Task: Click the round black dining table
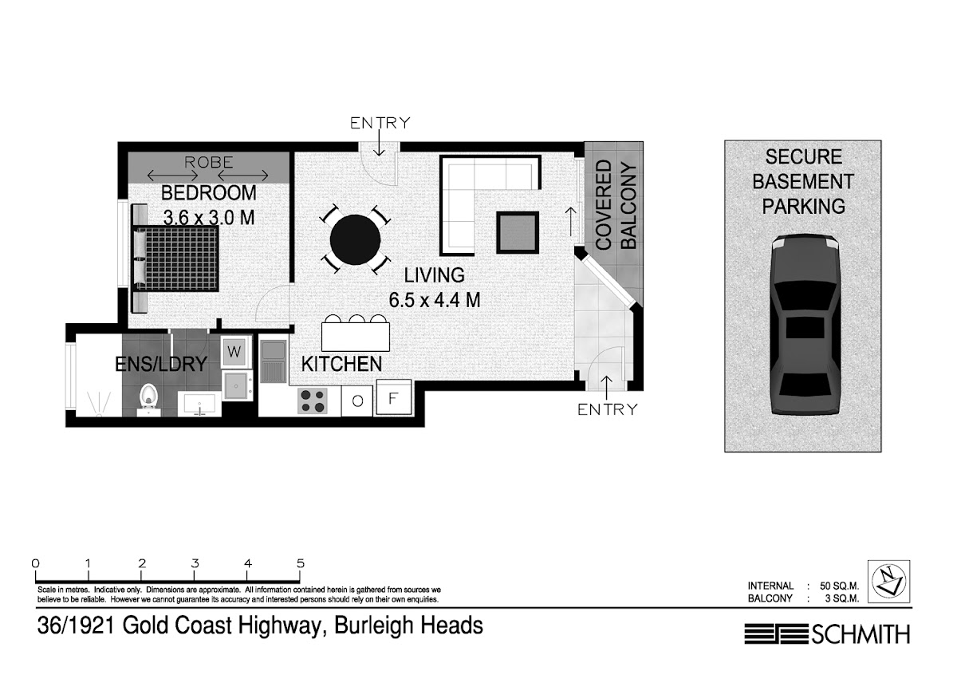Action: [x=355, y=240]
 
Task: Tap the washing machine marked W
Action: [x=234, y=352]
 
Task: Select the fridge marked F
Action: [x=393, y=398]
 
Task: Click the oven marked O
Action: [x=357, y=401]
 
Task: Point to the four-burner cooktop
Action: [x=313, y=401]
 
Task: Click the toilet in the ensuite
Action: [x=148, y=398]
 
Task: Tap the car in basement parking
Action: [x=805, y=325]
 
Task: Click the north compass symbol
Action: [x=888, y=582]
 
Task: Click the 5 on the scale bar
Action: [x=301, y=563]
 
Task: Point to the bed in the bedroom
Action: [x=175, y=259]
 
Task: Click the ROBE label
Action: [x=208, y=162]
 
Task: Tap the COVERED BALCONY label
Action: [x=616, y=205]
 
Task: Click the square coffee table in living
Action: [x=518, y=232]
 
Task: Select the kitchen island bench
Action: [x=356, y=337]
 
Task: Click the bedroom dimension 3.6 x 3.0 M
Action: [x=209, y=218]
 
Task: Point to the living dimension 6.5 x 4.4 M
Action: [x=435, y=300]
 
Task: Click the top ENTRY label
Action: [x=380, y=123]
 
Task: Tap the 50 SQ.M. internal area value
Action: [x=839, y=586]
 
